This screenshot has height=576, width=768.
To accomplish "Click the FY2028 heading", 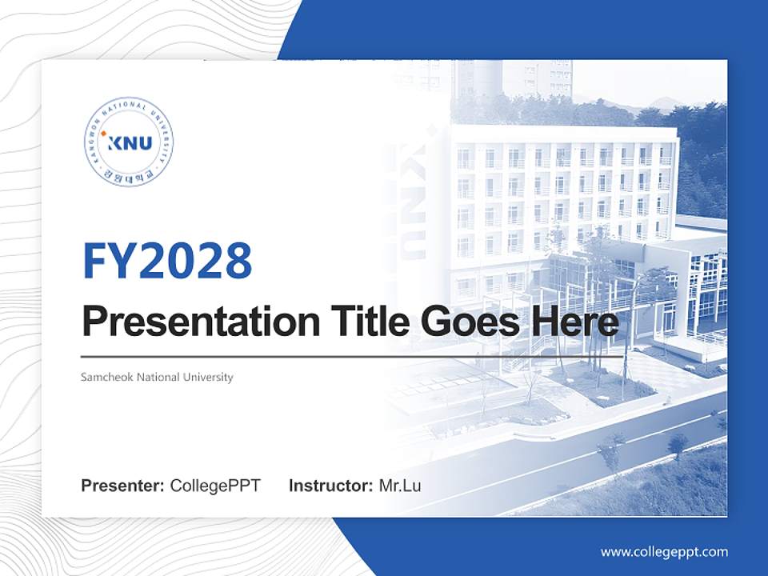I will (167, 261).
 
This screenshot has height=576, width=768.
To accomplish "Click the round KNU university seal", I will (129, 143).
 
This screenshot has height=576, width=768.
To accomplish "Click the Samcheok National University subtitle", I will (157, 377).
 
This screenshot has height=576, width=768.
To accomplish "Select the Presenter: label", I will (123, 486).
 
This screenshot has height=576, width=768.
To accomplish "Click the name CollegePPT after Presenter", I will (215, 486).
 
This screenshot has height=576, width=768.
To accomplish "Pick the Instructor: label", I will (331, 486).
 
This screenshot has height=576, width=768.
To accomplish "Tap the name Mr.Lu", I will (400, 486).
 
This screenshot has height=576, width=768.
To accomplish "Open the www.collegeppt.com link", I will (664, 551).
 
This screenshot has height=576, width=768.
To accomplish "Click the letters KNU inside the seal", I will (131, 144).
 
